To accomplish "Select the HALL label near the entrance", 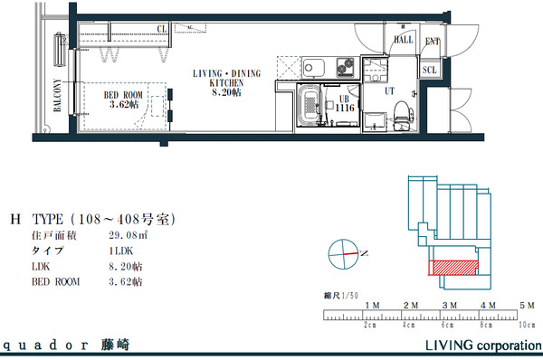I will coord(403,40).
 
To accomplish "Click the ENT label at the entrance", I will coord(433,41).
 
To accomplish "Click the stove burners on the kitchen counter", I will coord(346,67).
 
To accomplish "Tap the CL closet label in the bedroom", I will coord(162,29).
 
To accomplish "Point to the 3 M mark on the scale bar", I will coord(448,307).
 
